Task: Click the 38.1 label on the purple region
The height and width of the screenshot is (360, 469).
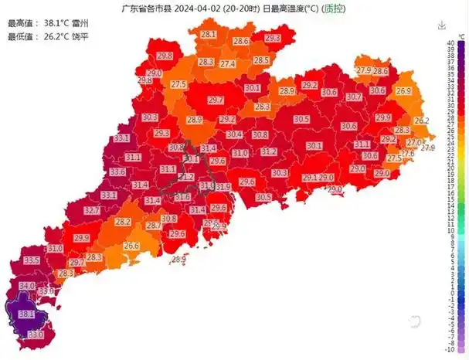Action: click(26, 314)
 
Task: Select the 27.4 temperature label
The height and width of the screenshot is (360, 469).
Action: click(227, 64)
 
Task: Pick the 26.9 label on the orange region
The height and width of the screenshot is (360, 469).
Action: click(403, 91)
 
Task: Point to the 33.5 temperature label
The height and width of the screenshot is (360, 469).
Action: click(32, 261)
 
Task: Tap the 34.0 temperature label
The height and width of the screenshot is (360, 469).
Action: click(27, 286)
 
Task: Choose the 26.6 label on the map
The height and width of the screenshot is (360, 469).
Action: click(132, 246)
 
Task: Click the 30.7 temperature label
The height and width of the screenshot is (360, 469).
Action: click(354, 97)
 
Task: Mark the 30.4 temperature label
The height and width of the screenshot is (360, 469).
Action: click(234, 134)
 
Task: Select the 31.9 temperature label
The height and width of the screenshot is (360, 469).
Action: click(223, 187)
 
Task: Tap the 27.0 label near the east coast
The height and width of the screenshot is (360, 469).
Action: click(414, 143)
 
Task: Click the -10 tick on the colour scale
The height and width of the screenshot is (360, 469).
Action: click(451, 349)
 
